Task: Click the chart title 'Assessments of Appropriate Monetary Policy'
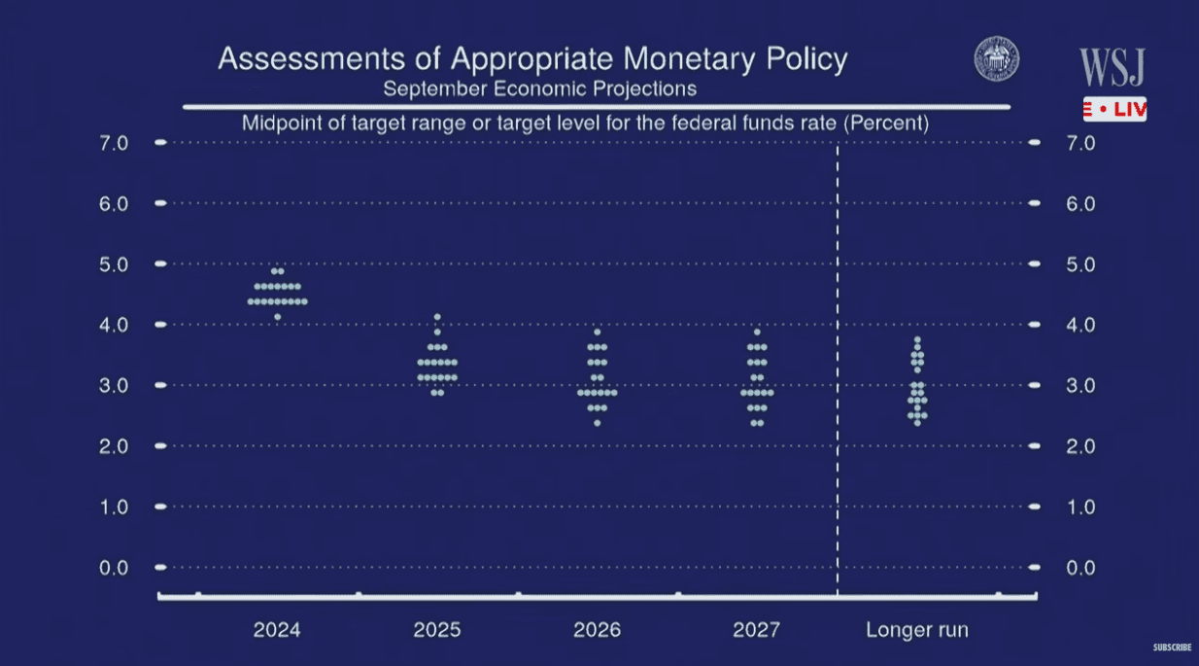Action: pyautogui.click(x=532, y=59)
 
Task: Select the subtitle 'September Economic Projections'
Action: pyautogui.click(x=539, y=88)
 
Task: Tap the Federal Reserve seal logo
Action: pyautogui.click(x=997, y=59)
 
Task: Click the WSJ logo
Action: pyautogui.click(x=1113, y=67)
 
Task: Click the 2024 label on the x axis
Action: pyautogui.click(x=277, y=630)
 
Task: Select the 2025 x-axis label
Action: pyautogui.click(x=437, y=630)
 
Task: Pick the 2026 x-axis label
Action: pyautogui.click(x=597, y=630)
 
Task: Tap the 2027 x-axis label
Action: pyautogui.click(x=757, y=630)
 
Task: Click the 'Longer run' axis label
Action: pyautogui.click(x=917, y=630)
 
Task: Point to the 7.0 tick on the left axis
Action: pyautogui.click(x=114, y=143)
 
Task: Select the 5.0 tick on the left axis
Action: pyautogui.click(x=114, y=264)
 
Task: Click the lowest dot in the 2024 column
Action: pyautogui.click(x=277, y=317)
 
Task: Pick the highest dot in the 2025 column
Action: pyautogui.click(x=437, y=317)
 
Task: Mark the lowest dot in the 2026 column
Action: pyautogui.click(x=597, y=423)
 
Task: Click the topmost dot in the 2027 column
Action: pyautogui.click(x=757, y=333)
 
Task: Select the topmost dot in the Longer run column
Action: pyautogui.click(x=917, y=340)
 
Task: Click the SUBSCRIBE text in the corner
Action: pyautogui.click(x=1172, y=648)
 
